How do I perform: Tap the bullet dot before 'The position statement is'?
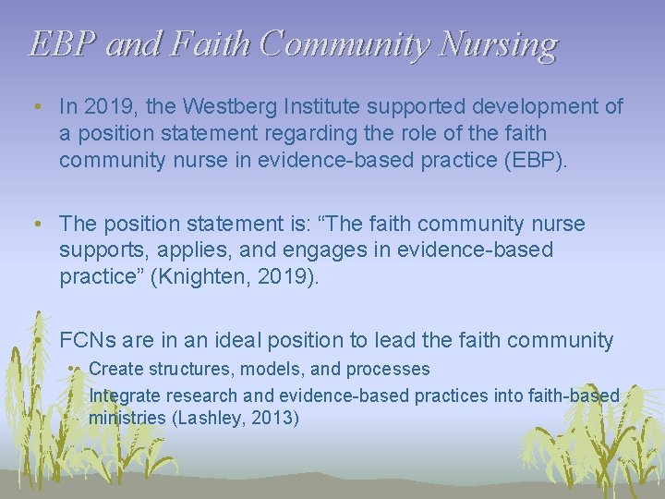click(x=36, y=225)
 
